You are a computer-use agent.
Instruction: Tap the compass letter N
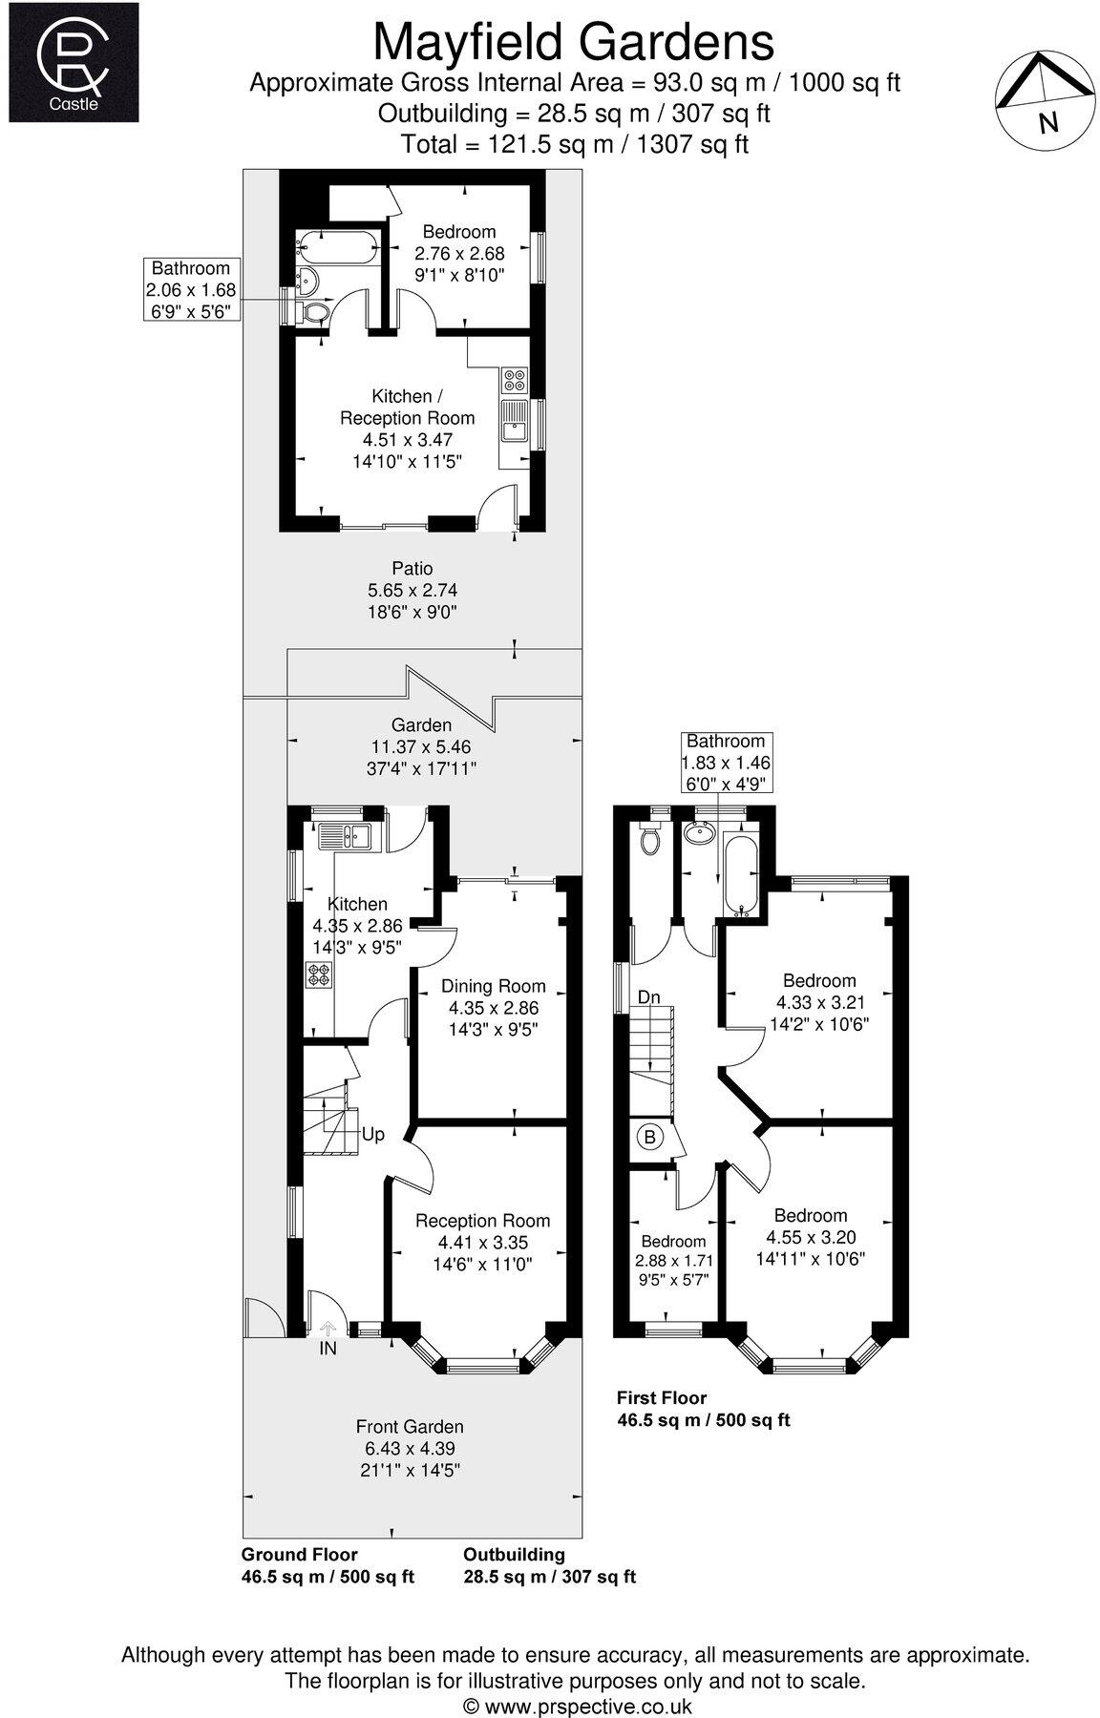(1048, 122)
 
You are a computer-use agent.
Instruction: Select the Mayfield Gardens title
(573, 42)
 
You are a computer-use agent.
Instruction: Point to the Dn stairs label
(649, 997)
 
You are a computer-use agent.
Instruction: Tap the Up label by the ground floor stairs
(372, 1134)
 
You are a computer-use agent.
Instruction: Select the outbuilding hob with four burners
(514, 380)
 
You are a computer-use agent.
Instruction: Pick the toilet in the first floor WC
(652, 841)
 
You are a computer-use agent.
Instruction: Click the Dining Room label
(493, 986)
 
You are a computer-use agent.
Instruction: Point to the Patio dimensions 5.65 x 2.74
(412, 591)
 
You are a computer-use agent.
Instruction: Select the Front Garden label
(410, 1426)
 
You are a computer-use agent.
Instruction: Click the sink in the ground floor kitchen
(348, 836)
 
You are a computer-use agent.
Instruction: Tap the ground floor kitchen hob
(319, 975)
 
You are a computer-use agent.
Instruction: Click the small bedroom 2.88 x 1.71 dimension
(673, 1260)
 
